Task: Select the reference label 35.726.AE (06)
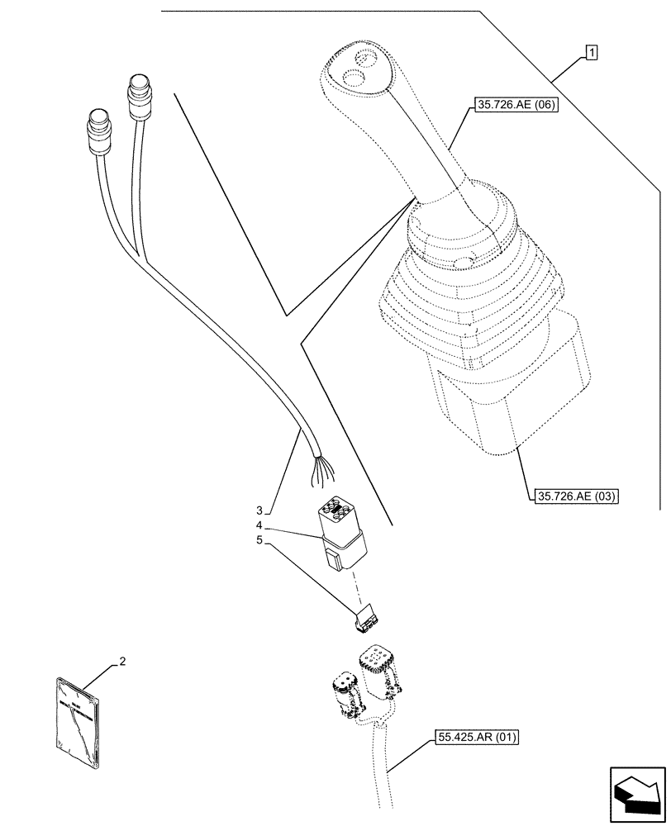[x=515, y=105]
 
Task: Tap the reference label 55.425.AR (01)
[x=474, y=737]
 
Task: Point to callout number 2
[x=122, y=661]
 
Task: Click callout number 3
[x=259, y=509]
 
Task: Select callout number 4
[x=259, y=525]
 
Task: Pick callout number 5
[x=259, y=542]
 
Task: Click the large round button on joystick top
[x=354, y=80]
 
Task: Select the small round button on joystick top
[x=362, y=59]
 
